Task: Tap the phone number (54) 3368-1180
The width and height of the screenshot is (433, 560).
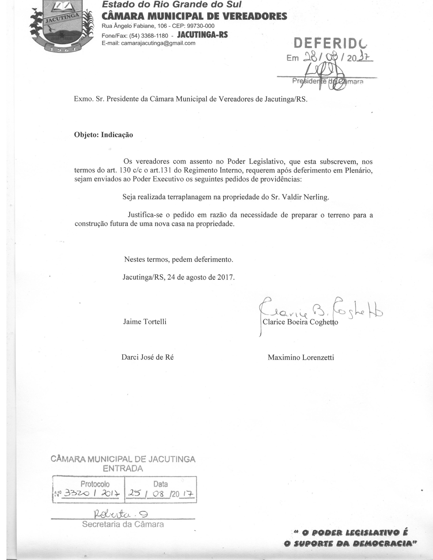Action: [x=149, y=35]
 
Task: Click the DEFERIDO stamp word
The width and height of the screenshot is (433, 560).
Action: [x=330, y=43]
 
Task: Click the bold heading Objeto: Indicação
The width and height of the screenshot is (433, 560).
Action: [x=103, y=135]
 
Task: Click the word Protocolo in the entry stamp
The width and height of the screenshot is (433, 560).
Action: [x=95, y=484]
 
